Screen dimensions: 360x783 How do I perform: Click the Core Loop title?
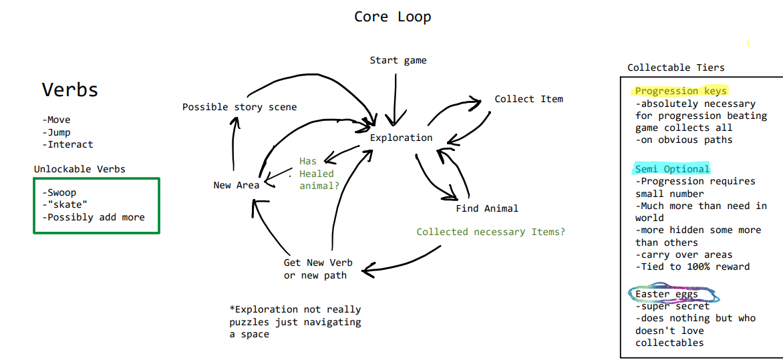click(392, 17)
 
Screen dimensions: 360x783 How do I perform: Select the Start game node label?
click(398, 61)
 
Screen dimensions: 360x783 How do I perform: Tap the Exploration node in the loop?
click(401, 138)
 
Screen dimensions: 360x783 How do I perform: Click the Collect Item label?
click(528, 99)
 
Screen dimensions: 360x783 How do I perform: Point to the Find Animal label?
click(487, 208)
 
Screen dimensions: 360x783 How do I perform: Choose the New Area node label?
click(236, 185)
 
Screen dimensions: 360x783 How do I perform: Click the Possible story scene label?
click(239, 107)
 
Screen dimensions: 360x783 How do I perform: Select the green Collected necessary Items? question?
click(490, 232)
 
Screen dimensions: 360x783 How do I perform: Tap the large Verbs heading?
click(69, 89)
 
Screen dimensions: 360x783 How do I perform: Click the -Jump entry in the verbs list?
click(56, 132)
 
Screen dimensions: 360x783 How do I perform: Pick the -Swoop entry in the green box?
click(59, 193)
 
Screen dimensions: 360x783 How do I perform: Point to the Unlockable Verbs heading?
click(80, 169)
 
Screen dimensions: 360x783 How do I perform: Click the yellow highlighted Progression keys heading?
click(680, 91)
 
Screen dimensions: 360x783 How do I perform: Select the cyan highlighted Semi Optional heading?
click(671, 169)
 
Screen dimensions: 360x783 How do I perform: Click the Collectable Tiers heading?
click(675, 67)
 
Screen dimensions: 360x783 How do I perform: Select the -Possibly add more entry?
click(93, 217)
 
